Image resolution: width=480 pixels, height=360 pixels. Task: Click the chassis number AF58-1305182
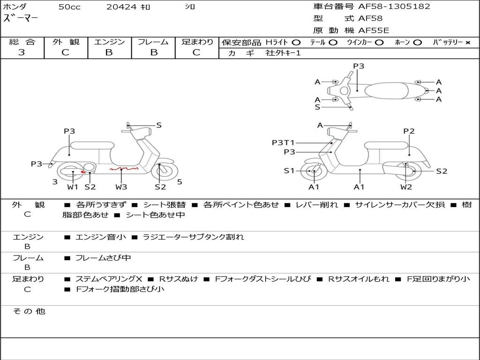coord(394,7)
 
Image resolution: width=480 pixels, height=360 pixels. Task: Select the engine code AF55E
coord(374,30)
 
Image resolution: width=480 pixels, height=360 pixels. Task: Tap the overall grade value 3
coord(22,52)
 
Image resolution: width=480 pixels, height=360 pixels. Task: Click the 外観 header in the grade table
coord(66,42)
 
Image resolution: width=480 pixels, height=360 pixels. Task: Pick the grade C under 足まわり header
coord(196,52)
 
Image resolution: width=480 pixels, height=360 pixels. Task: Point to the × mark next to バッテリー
coord(468,43)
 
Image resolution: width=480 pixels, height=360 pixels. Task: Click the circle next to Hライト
coord(296,43)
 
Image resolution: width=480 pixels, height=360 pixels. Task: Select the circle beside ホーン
coord(417,43)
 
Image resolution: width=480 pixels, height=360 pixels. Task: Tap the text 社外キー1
coord(283,53)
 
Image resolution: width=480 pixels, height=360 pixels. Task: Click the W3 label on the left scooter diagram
coord(121,187)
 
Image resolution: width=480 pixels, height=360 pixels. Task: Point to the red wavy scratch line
coord(124,168)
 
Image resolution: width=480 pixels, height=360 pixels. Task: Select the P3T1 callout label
coord(283,142)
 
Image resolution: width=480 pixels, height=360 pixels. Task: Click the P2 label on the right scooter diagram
coord(409,131)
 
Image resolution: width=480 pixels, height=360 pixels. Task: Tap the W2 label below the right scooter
coord(406,187)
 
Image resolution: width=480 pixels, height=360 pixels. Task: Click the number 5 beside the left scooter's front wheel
coord(180,182)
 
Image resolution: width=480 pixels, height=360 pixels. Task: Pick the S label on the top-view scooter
coord(317,107)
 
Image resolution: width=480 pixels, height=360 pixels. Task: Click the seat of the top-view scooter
coord(386,90)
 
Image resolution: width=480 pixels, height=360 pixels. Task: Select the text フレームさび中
coord(103,258)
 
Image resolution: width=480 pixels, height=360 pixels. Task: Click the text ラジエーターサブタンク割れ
coord(194,237)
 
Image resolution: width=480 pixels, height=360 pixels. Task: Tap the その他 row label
coord(29,311)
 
